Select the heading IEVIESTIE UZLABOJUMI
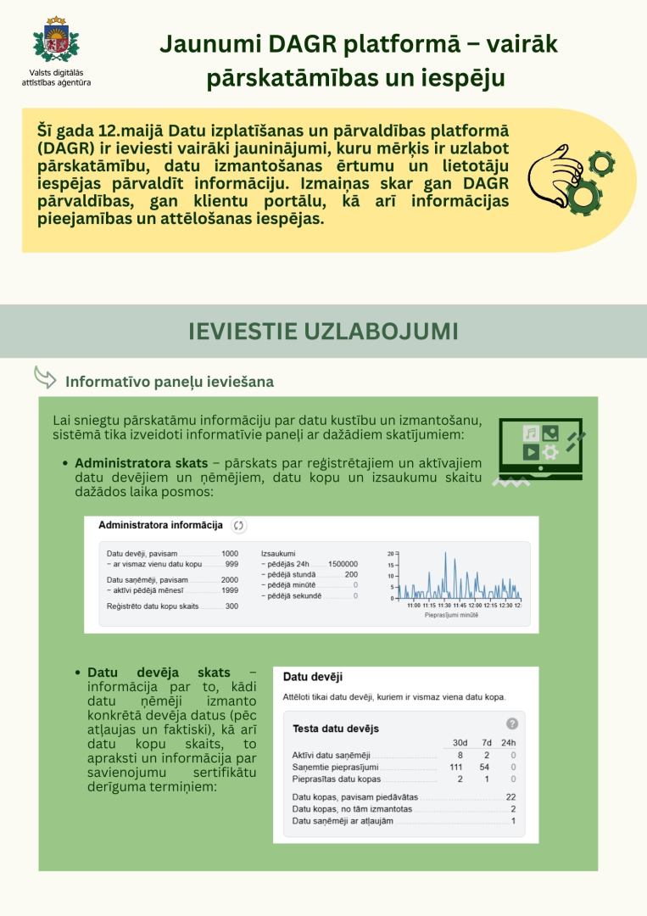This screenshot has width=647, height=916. pos(323,331)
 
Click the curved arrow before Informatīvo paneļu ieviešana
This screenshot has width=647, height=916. pos(44,376)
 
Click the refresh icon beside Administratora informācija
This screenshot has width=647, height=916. pos(238,526)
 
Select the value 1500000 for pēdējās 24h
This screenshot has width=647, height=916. pos(343,563)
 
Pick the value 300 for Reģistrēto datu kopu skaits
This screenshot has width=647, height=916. pos(231,606)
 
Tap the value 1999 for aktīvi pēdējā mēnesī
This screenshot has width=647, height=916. pos(229,590)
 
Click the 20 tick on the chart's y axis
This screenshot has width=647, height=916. pos(391,554)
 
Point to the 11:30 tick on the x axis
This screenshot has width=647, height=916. pos(444,606)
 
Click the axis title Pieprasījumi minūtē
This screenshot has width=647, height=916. pos(451,615)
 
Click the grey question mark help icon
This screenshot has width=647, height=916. pos(511,723)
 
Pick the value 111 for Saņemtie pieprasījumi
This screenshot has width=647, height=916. pos(456,767)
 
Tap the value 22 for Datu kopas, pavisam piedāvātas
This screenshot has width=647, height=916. pos(510,797)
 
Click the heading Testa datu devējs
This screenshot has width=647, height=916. pos(335,729)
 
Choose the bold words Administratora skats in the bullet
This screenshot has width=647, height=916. pos(141,464)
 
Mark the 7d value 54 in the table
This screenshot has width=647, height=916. pos(484,767)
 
